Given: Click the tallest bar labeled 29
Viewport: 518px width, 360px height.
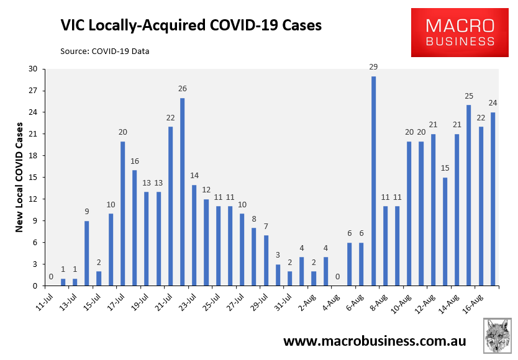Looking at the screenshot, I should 373,181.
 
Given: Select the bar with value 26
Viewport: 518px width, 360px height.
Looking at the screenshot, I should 182,192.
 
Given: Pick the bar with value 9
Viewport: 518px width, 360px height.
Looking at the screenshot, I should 87,253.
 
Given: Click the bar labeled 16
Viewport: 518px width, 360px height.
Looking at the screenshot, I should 135,228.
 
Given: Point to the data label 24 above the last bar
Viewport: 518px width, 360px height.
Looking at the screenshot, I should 493,103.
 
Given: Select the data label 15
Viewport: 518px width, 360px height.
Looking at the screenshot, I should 445,168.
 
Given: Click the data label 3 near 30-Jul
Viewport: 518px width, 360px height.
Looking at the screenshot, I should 278,255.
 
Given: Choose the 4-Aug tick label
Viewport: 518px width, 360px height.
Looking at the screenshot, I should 330,301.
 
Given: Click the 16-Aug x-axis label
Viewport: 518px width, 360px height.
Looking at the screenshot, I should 473,301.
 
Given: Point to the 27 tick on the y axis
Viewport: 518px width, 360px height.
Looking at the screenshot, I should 32,91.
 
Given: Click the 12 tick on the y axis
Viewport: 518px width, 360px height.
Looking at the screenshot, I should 32,199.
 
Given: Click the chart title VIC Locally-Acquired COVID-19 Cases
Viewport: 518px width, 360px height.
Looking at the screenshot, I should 191,25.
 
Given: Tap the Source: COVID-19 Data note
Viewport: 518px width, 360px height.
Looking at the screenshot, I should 104,51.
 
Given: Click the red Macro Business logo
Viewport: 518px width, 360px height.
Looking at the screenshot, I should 460,33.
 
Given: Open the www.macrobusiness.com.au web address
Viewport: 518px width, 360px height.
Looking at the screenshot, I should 375,341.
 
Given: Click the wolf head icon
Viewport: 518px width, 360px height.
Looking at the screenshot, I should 498,336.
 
